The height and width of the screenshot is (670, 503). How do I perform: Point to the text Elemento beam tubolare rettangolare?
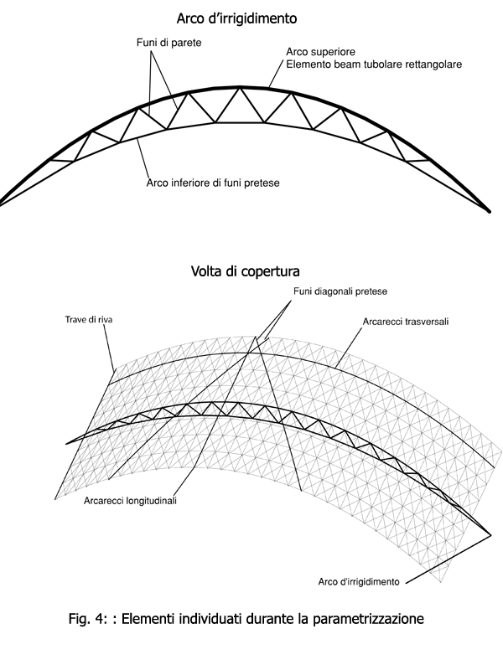tap(375, 64)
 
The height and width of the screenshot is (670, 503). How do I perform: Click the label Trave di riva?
tap(89, 319)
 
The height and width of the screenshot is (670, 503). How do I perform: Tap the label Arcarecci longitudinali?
tap(134, 502)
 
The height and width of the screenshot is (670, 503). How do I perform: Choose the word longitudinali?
tap(157, 502)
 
